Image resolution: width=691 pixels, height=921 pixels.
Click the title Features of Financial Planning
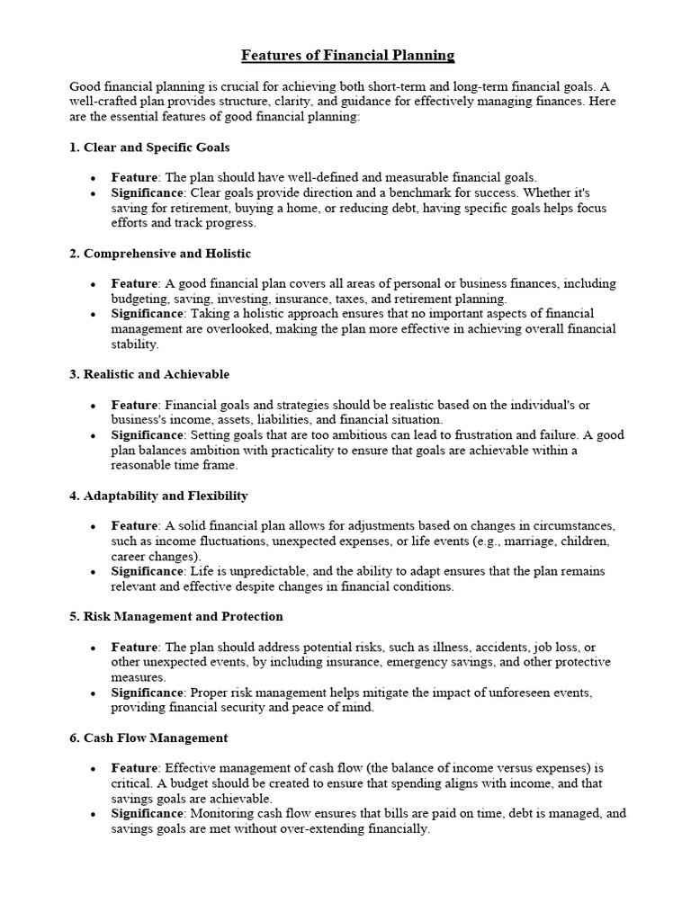[x=348, y=56]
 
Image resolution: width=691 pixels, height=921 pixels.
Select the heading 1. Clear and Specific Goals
[x=155, y=147]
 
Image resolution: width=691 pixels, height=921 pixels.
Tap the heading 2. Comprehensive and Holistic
[x=160, y=254]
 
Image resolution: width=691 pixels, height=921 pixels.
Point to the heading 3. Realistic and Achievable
[x=149, y=373]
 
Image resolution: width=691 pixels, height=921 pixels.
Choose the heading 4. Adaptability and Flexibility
[x=158, y=496]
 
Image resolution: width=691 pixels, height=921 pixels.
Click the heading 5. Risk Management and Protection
[x=176, y=616]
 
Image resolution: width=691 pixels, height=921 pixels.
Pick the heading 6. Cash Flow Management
[x=148, y=738]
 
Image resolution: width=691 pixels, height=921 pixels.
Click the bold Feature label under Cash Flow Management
[x=134, y=768]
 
